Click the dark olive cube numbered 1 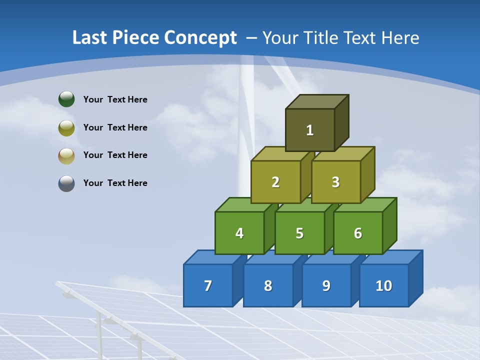(310, 130)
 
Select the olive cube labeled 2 (275, 182)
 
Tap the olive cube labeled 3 (335, 182)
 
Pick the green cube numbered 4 (239, 233)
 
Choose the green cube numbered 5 (299, 233)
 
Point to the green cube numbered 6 (358, 233)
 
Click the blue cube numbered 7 (208, 285)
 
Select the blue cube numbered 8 (268, 285)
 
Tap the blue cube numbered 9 (326, 285)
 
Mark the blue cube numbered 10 (384, 285)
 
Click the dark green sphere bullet (66, 99)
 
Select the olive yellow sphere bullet (66, 128)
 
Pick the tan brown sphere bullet (66, 155)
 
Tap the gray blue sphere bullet (66, 183)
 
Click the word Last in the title (89, 37)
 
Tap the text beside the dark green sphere (115, 99)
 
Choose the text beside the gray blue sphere (115, 183)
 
